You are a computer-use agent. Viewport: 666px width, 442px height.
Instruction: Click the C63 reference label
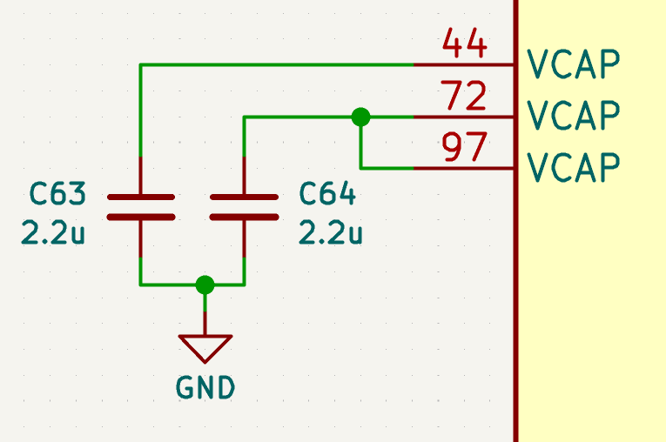point(57,194)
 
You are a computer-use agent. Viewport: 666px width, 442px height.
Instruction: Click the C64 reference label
point(327,194)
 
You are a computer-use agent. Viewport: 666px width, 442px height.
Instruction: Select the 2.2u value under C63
point(53,233)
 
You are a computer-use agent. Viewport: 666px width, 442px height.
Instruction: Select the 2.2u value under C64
point(331,233)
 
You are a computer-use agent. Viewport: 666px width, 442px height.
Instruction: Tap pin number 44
point(464,43)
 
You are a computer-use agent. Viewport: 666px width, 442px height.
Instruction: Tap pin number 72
point(463,95)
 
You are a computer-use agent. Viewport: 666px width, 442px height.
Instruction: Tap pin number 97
point(464,147)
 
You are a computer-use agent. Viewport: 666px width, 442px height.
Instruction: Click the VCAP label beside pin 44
point(573,64)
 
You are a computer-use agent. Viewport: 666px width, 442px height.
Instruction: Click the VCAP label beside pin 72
point(573,115)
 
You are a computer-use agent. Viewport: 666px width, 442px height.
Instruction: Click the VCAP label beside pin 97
point(573,167)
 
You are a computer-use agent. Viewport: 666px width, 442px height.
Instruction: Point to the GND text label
point(205,387)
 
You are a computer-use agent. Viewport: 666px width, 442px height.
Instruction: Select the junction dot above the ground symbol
point(205,285)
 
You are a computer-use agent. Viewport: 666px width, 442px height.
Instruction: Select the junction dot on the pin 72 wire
point(360,117)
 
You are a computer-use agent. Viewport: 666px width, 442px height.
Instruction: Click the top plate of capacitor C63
point(141,197)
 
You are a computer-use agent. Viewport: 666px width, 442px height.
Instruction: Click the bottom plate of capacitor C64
point(245,218)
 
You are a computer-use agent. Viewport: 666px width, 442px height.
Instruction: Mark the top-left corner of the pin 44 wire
point(140,65)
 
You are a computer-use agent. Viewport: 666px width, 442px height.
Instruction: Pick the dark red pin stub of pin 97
point(463,169)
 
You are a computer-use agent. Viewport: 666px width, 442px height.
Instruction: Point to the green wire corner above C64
point(245,117)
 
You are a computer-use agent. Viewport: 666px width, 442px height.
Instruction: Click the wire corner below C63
point(140,285)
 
